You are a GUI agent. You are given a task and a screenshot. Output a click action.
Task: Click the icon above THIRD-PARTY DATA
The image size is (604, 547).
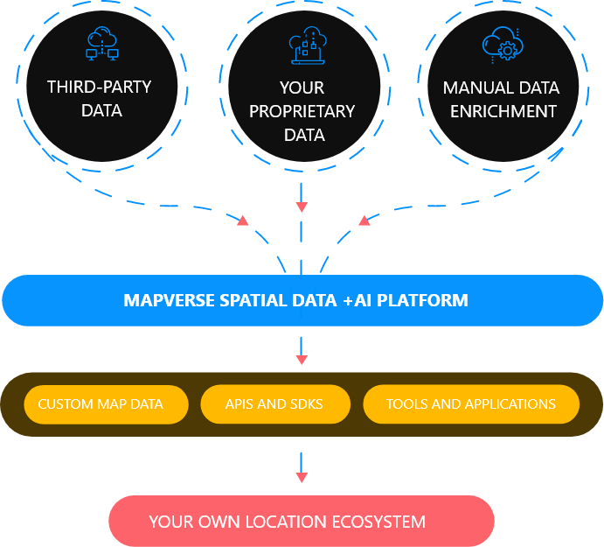pos(102,44)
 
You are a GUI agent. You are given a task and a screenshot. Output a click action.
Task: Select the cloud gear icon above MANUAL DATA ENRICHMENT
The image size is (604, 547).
pos(501,44)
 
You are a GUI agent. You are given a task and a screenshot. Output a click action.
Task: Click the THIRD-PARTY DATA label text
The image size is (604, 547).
pos(99,98)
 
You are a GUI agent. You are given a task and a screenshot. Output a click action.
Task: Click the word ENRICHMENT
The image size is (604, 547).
pos(501,111)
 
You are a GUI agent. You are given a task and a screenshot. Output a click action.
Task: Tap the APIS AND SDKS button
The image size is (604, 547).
pos(274,404)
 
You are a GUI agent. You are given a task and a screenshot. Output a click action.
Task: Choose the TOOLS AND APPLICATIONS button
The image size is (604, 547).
pos(471,404)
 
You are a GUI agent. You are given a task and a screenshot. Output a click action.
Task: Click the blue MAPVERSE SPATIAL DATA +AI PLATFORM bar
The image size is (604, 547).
pos(302,300)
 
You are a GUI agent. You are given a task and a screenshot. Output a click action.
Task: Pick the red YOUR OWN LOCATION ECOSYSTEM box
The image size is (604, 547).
pos(302,522)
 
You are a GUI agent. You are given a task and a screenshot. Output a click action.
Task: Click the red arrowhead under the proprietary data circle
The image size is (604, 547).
pos(302,207)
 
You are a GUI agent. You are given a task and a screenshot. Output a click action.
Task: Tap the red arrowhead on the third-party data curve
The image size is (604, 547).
pos(242,221)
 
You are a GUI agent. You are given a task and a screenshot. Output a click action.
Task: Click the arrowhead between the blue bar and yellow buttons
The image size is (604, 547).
pos(302,359)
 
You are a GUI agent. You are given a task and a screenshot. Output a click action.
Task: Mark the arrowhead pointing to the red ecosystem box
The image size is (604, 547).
pos(302,477)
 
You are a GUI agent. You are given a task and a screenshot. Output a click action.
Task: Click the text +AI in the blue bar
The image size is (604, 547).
pos(357,300)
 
